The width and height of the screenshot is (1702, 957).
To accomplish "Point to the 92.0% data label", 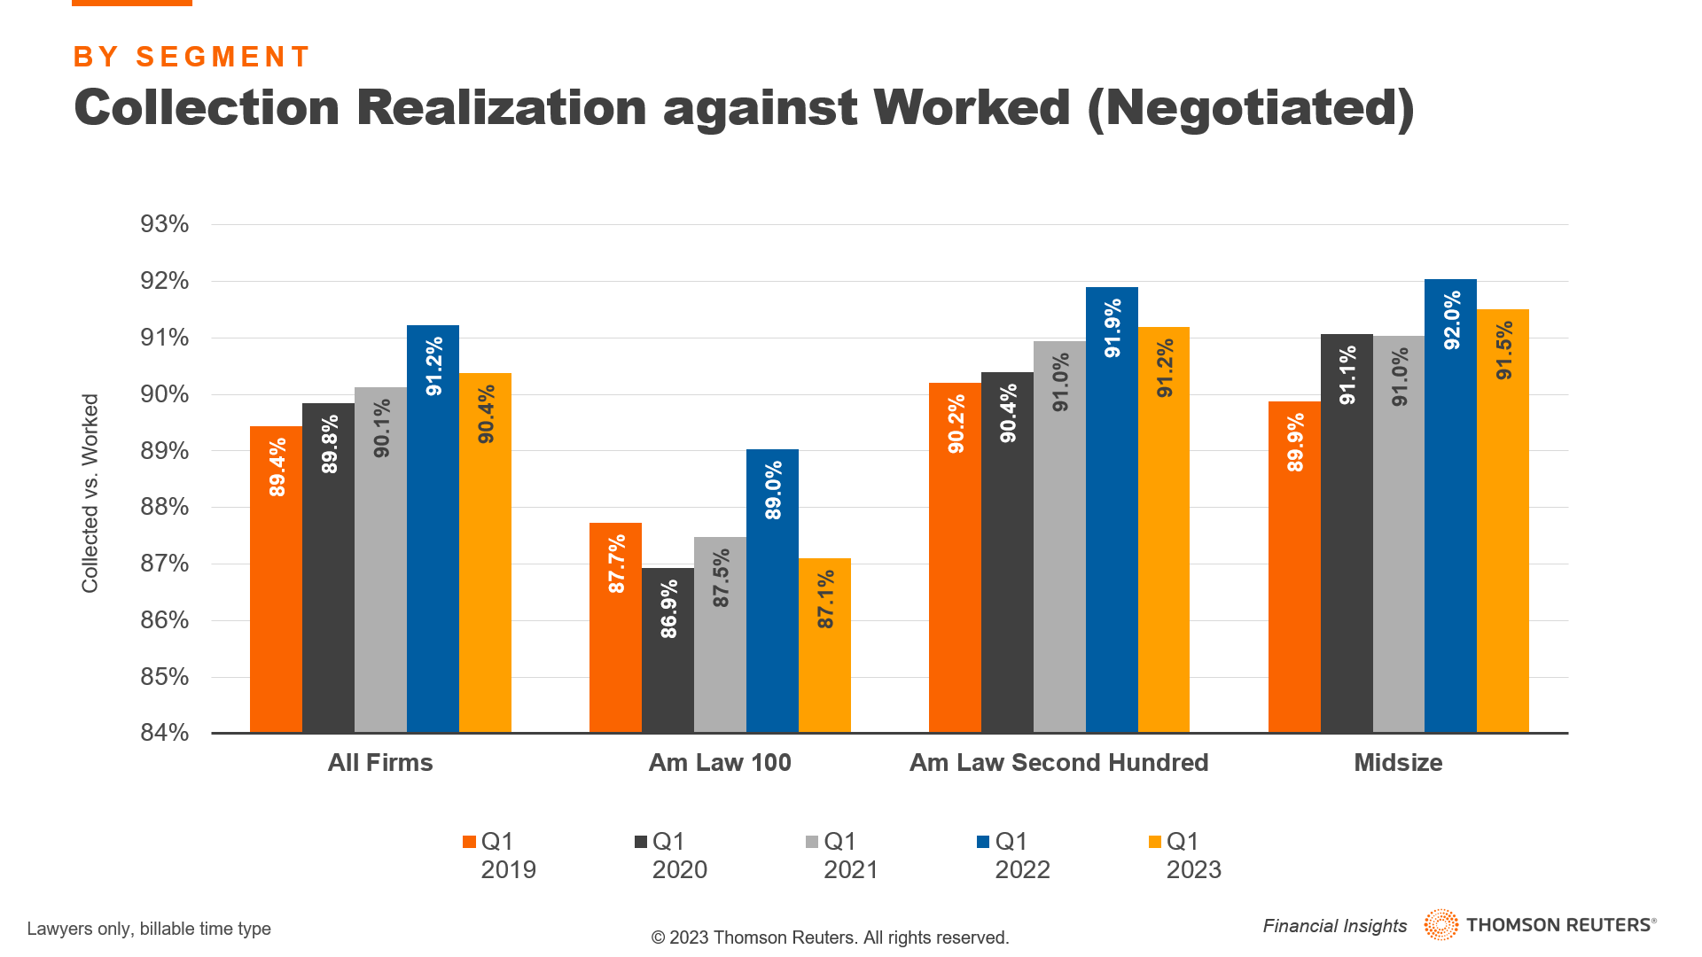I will coord(1451,320).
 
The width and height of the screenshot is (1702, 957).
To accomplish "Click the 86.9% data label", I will coord(668,609).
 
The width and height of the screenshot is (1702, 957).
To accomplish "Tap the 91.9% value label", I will coord(1113,328).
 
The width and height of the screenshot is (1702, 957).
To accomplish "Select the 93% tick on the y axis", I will coord(165,224).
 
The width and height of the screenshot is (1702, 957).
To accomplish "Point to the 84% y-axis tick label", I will coord(165,733).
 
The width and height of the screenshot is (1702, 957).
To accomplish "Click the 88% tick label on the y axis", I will coord(165,507).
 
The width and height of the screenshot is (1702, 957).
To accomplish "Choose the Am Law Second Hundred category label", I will coord(1058,763).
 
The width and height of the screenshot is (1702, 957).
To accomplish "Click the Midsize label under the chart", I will coord(1398,763).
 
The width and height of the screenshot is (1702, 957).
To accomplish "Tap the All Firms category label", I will coord(380,763).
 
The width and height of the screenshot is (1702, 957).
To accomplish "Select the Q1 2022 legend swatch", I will coord(983,842).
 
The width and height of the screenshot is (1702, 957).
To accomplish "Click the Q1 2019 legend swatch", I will coord(469,842).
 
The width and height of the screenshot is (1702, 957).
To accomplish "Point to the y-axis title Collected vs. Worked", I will coord(90,494).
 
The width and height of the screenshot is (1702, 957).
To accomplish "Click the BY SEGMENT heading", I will coord(191,57).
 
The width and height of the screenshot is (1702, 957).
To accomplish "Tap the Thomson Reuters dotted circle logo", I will coord(1440,925).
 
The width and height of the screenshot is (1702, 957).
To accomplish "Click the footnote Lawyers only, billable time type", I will coord(149,929).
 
